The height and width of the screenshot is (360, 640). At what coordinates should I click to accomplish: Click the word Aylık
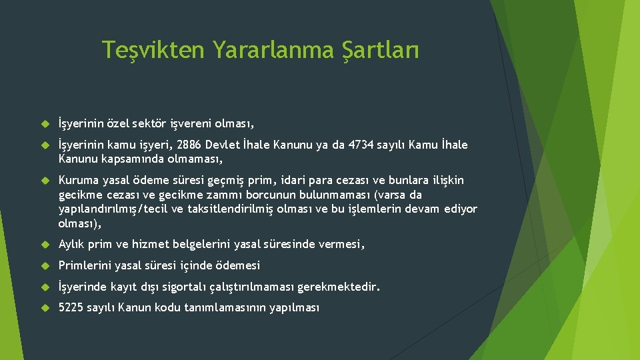[72, 245]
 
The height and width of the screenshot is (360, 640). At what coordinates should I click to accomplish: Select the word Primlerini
[85, 266]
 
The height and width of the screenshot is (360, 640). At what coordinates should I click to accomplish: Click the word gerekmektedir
[338, 287]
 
